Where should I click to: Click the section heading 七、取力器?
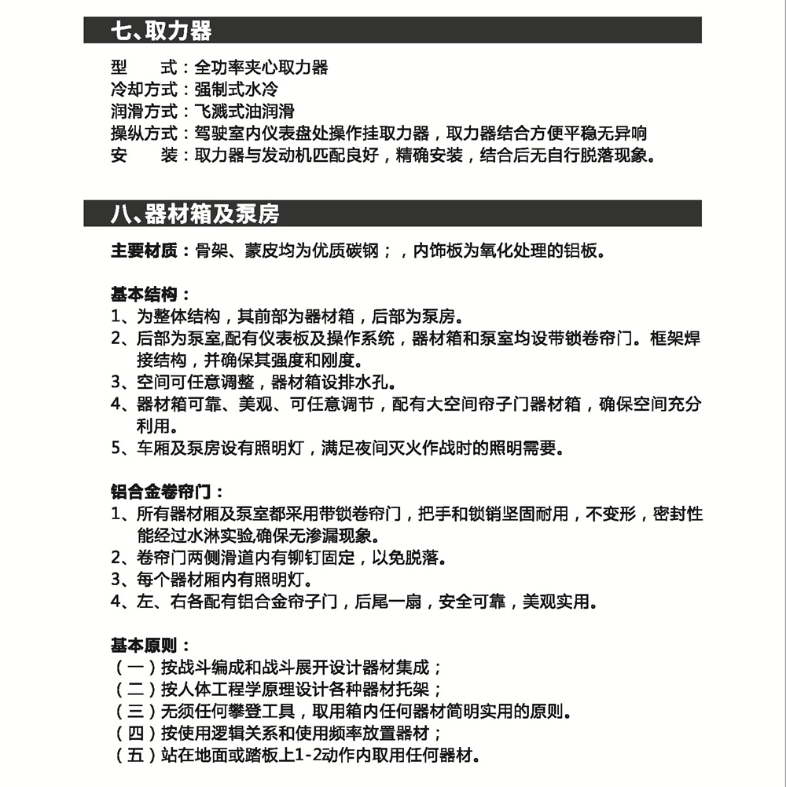pyautogui.click(x=161, y=31)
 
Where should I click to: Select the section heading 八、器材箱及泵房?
pyautogui.click(x=194, y=214)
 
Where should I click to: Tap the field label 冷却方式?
pyautogui.click(x=145, y=90)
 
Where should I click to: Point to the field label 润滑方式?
pyautogui.click(x=145, y=112)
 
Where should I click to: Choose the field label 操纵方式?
pyautogui.click(x=145, y=134)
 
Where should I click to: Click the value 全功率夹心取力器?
pyautogui.click(x=261, y=68)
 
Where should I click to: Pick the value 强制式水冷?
pyautogui.click(x=236, y=90)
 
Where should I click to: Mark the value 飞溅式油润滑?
pyautogui.click(x=244, y=112)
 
